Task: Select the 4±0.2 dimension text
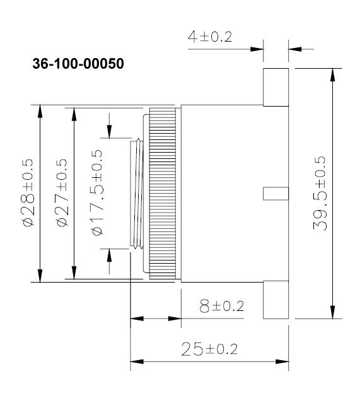[209, 37]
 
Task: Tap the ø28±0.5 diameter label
[26, 193]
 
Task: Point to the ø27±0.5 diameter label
[61, 193]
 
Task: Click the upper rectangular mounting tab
[276, 87]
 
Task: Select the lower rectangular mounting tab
[276, 300]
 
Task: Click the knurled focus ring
[164, 193]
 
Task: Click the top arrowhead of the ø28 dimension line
[40, 111]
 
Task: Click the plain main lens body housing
[221, 193]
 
